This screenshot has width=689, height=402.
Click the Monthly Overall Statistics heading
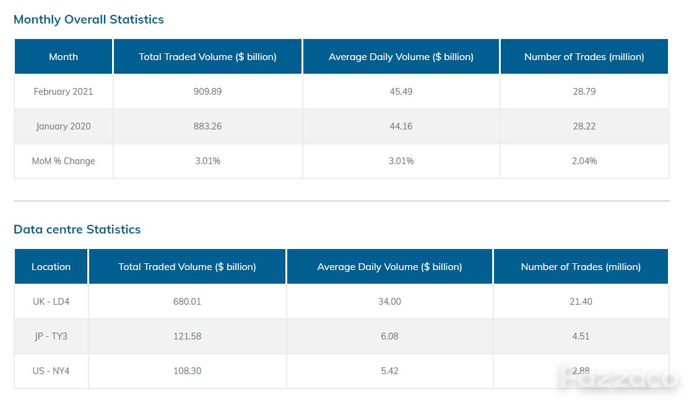(89, 20)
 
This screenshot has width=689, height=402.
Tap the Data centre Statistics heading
(77, 229)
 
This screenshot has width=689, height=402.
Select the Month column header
(63, 57)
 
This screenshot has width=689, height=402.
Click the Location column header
(51, 266)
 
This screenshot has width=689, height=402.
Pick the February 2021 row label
(63, 92)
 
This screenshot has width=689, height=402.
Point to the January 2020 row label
(63, 126)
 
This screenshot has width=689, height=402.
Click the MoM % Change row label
(63, 161)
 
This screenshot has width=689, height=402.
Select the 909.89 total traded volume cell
(207, 92)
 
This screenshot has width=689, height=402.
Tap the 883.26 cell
(207, 126)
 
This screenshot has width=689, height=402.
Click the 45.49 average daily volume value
(401, 92)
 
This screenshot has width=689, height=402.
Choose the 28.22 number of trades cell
(584, 126)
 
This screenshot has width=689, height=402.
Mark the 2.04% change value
(584, 161)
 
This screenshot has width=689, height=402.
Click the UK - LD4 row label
(51, 301)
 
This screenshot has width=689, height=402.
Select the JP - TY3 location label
(51, 336)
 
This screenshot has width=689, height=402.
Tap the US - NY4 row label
(51, 371)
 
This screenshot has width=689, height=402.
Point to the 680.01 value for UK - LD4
(187, 301)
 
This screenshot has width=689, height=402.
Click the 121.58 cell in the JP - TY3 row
(187, 336)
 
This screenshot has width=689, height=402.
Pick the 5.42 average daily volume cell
(389, 371)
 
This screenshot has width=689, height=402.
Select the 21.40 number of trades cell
(581, 301)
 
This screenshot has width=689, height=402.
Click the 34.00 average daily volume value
(389, 301)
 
